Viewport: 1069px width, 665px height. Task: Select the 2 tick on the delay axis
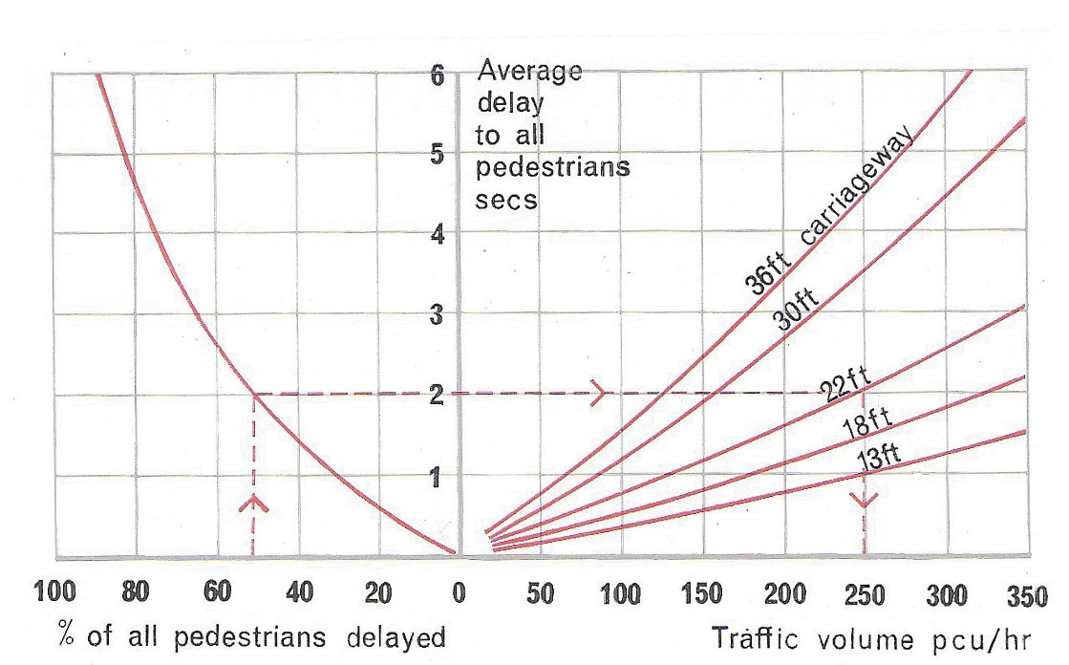click(x=438, y=394)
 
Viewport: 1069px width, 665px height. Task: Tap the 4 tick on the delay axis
click(x=438, y=234)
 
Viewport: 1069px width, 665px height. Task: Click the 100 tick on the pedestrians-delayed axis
click(x=54, y=593)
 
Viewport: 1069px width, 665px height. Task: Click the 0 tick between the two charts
click(x=459, y=593)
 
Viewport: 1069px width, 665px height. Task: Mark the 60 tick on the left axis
click(x=217, y=593)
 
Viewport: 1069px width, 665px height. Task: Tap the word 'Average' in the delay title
click(x=530, y=72)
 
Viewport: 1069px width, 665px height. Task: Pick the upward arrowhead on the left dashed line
click(x=253, y=503)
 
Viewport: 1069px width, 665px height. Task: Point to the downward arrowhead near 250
click(x=865, y=502)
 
